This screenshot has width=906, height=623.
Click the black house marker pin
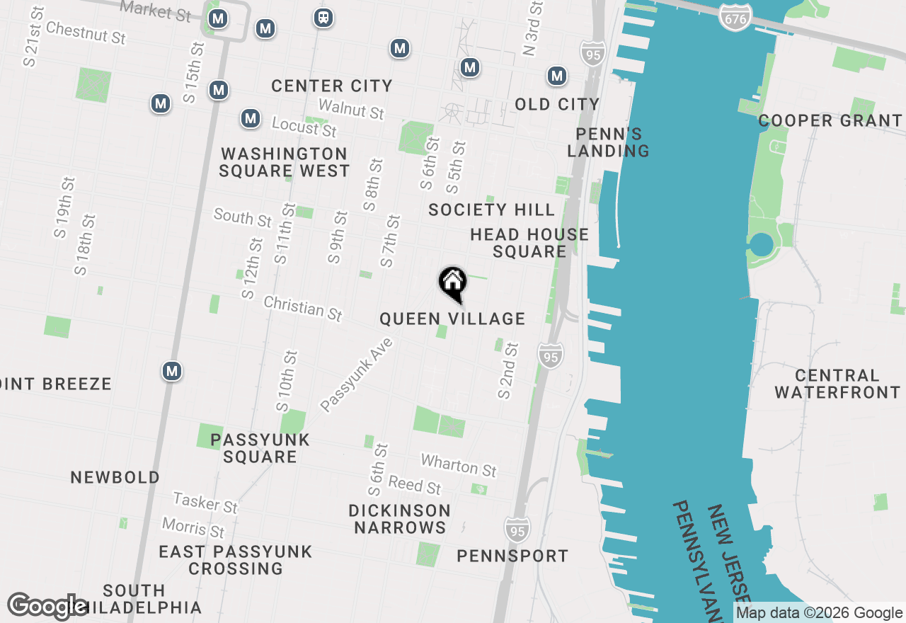(x=453, y=283)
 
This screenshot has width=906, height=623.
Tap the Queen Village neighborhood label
(x=452, y=319)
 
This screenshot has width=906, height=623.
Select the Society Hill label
(x=491, y=210)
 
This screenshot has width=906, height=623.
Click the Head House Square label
(x=529, y=243)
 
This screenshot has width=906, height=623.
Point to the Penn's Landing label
(x=608, y=142)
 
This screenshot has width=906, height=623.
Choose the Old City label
(x=557, y=104)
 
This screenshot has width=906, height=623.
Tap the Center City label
(x=331, y=86)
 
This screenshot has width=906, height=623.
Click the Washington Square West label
(x=284, y=162)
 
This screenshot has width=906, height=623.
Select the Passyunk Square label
(x=260, y=448)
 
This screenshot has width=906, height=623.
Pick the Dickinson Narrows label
(x=400, y=519)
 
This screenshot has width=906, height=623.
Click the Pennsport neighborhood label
(x=512, y=556)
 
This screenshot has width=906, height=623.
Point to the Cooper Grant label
(x=830, y=120)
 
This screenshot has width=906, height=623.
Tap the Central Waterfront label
(x=837, y=384)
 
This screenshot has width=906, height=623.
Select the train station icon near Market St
(x=323, y=18)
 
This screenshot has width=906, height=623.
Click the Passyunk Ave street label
(x=356, y=375)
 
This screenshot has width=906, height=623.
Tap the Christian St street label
(x=303, y=308)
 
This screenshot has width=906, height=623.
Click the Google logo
(x=47, y=606)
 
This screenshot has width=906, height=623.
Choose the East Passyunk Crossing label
(x=235, y=559)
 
